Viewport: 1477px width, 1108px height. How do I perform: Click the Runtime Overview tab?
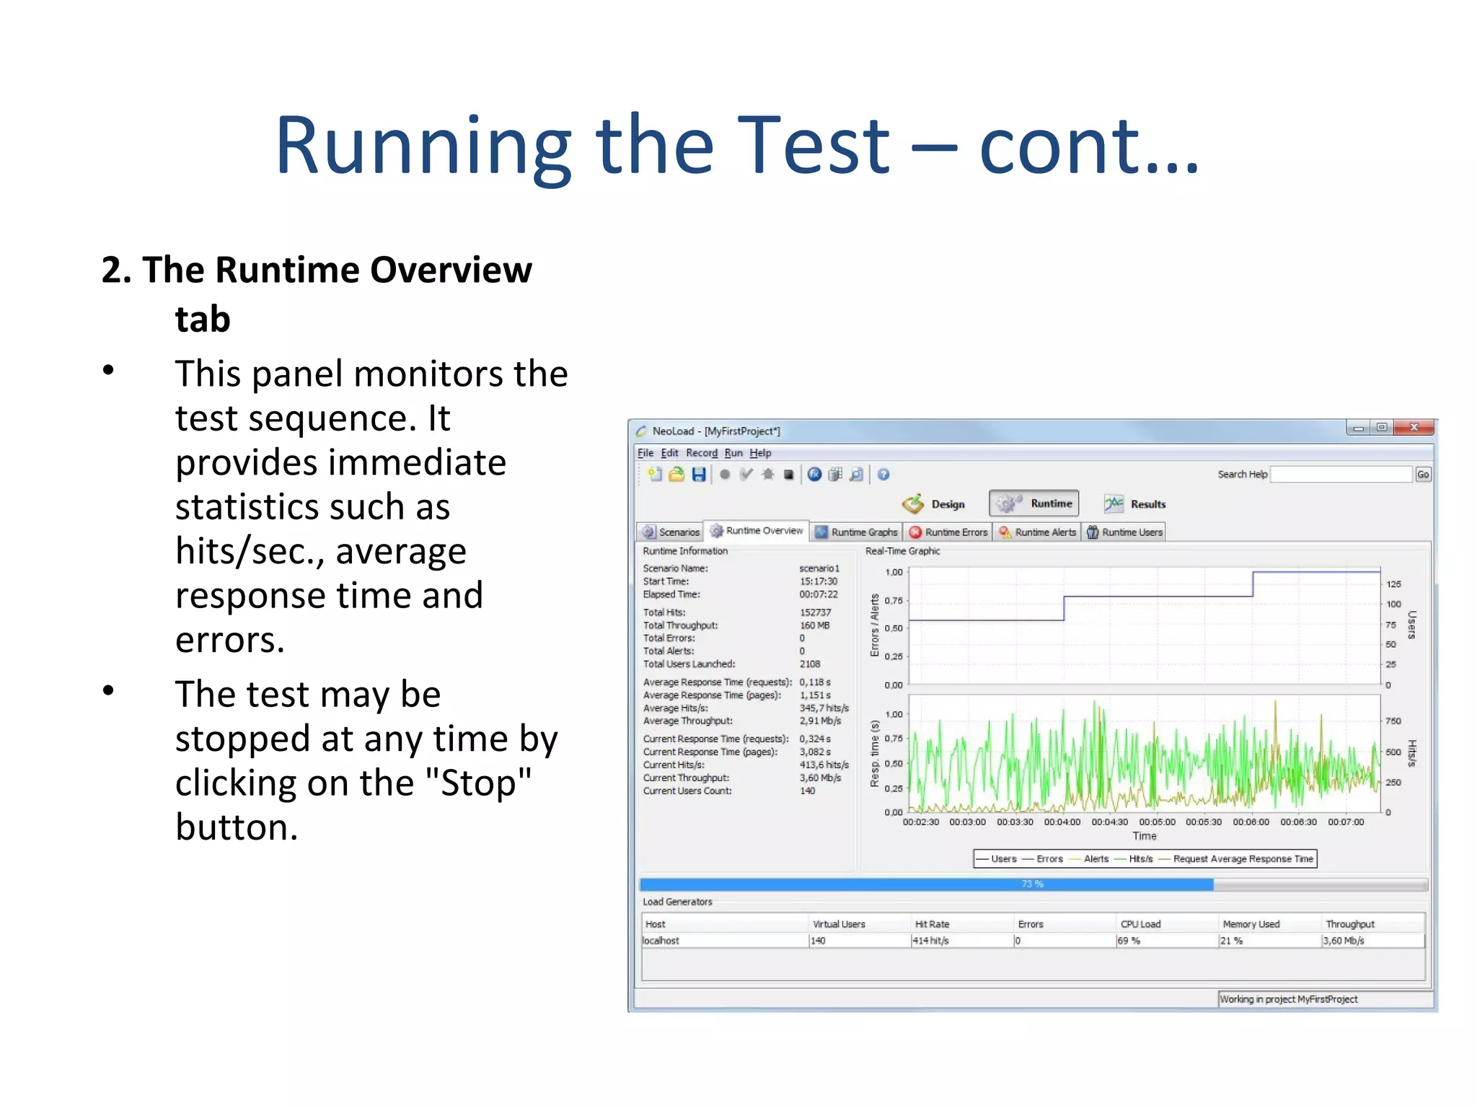[x=757, y=531]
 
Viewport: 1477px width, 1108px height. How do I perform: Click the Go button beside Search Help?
[x=1422, y=475]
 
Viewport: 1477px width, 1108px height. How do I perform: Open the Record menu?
[x=701, y=453]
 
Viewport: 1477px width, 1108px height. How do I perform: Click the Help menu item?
[x=760, y=453]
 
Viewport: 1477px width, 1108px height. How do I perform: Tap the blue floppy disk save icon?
[x=698, y=475]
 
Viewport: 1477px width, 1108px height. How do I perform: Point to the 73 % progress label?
[x=1032, y=884]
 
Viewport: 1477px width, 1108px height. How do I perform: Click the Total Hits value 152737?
[x=815, y=612]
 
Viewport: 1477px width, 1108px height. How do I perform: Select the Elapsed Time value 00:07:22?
[x=818, y=594]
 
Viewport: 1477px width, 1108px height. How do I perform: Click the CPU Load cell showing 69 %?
[x=1129, y=941]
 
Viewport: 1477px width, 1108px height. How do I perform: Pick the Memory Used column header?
[x=1251, y=924]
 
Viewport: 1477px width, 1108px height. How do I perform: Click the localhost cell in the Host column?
[x=661, y=941]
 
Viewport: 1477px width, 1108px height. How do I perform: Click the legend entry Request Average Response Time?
[x=1243, y=859]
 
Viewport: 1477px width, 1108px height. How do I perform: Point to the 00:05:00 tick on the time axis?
[x=1157, y=822]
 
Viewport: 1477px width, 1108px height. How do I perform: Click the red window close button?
[x=1414, y=428]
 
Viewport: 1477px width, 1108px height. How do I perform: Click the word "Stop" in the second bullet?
[x=477, y=783]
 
